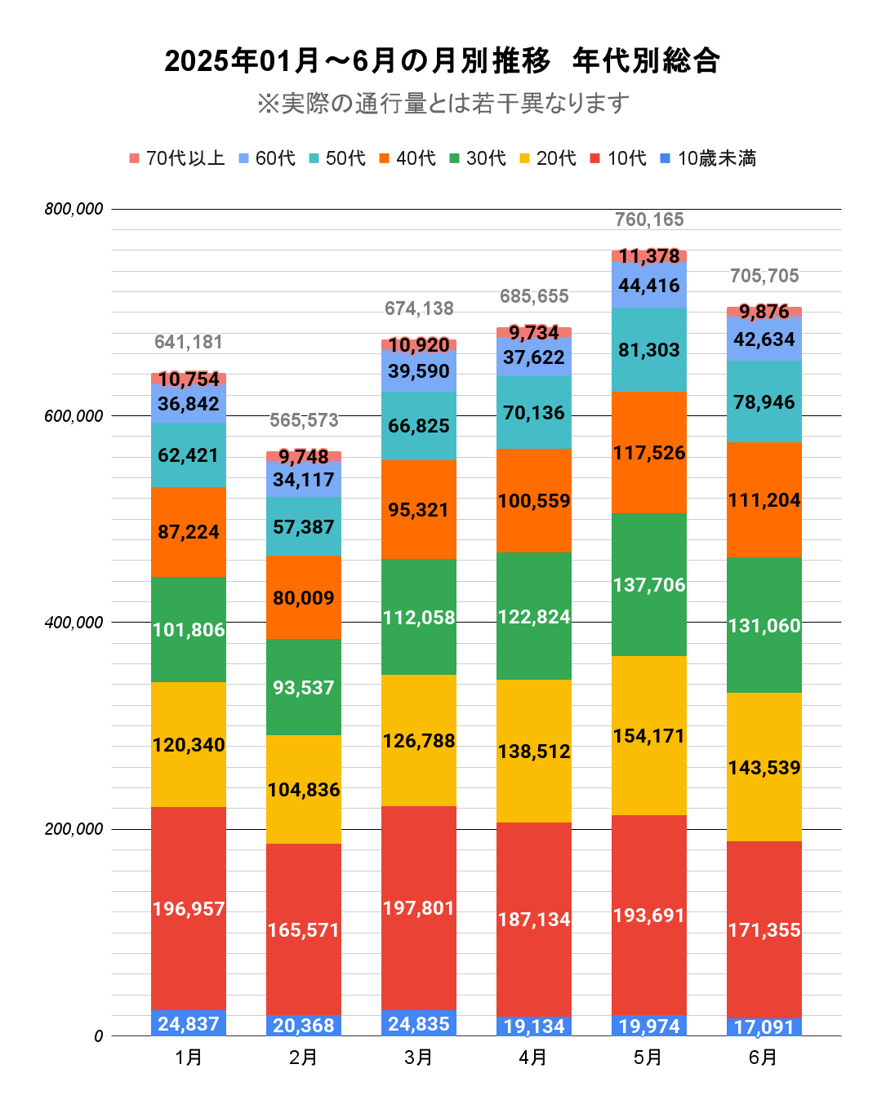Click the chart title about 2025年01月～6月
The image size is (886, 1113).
tap(442, 61)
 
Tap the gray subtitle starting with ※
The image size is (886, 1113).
tap(443, 104)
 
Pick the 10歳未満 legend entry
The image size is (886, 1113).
tap(708, 158)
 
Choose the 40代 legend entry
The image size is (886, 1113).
tap(407, 158)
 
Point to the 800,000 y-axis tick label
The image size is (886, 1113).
tap(74, 210)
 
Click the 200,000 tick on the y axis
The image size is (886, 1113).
tap(74, 830)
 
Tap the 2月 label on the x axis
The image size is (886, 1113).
tap(303, 1058)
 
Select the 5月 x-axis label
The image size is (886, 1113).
tap(648, 1058)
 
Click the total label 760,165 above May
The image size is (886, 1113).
tap(649, 219)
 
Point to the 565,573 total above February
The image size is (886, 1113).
tap(304, 420)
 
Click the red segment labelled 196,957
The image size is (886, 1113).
tap(189, 908)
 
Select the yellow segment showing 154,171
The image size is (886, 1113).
tap(649, 735)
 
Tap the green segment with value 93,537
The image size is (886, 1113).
tap(304, 687)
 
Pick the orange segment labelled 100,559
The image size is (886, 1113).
tap(534, 500)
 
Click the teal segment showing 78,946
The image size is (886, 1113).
tap(764, 401)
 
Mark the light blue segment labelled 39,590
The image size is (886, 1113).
tap(419, 371)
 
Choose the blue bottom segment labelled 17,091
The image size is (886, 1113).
tap(764, 1027)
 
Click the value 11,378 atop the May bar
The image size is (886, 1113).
tap(649, 256)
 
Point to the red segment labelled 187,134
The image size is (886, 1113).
tap(534, 920)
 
